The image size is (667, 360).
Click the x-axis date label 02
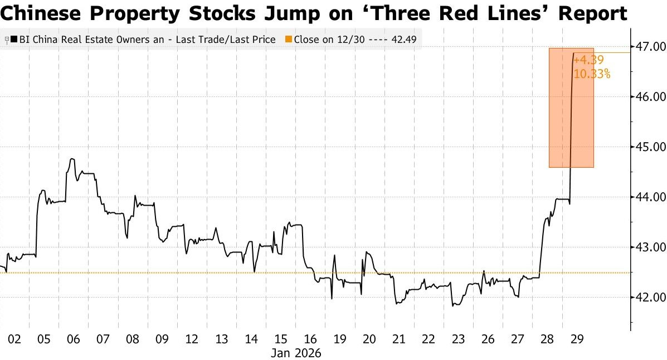14,339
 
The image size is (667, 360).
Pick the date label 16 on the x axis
311,339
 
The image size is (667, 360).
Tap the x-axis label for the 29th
577,339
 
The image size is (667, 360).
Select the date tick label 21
398,339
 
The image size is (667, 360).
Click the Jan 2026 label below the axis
296,353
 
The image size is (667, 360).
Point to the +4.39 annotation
588,60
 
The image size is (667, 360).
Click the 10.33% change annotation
592,74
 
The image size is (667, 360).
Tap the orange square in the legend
288,40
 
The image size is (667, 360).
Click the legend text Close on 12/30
327,40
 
